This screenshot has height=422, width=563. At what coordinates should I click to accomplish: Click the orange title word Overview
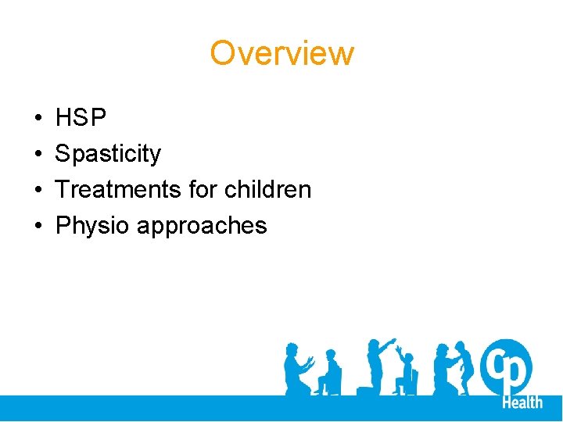pos(281,54)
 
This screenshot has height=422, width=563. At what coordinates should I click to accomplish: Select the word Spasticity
pos(108,154)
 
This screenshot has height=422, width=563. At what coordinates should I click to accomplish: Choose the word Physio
pos(93,226)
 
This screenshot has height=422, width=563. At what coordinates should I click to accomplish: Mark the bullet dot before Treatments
pos(38,190)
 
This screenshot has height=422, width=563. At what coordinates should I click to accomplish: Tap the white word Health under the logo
pos(522,402)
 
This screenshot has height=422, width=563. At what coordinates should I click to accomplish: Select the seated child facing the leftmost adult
pos(328,374)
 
